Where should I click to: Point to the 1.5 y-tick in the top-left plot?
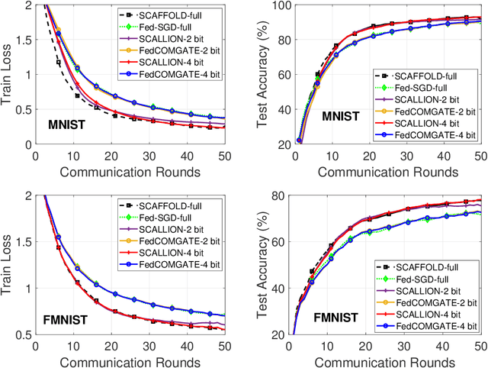click(24, 40)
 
